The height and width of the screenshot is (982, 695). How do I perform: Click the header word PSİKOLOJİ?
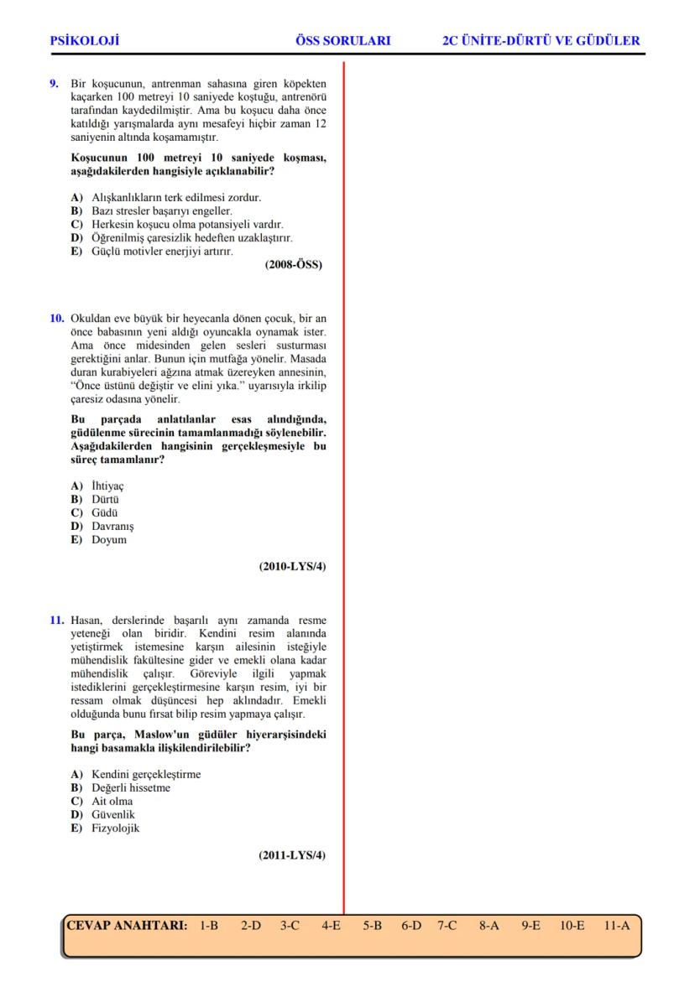click(85, 40)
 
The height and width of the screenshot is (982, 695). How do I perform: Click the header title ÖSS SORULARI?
click(343, 40)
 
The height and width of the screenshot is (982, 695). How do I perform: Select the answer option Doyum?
click(108, 539)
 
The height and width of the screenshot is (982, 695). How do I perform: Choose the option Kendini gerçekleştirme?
click(146, 774)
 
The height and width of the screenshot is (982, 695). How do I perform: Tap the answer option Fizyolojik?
click(115, 828)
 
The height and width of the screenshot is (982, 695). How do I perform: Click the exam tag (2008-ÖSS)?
click(293, 265)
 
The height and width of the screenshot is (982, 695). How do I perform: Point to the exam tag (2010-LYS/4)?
click(292, 567)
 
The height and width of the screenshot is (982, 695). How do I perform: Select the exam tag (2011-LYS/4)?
click(292, 855)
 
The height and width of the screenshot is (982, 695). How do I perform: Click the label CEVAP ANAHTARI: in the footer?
click(126, 926)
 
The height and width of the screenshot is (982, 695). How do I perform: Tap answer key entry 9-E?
click(530, 926)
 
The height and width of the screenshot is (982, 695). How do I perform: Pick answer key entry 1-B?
click(209, 926)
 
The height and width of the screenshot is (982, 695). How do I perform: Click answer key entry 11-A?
click(616, 926)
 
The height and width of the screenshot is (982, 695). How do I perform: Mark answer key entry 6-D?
click(411, 926)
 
